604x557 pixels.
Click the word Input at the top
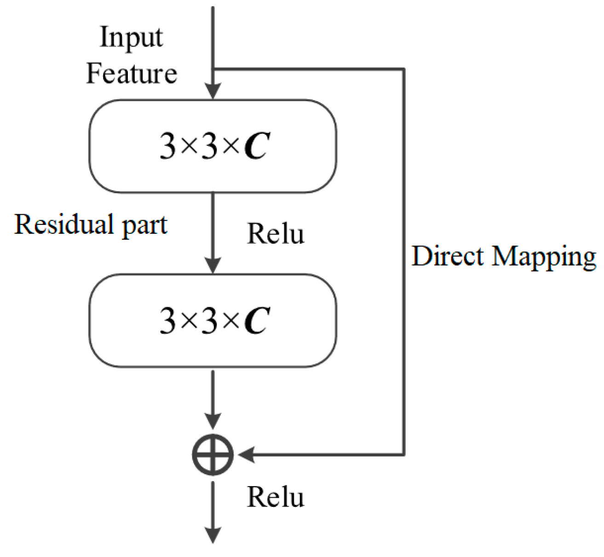[131, 38]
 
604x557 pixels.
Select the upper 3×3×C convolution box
[213, 146]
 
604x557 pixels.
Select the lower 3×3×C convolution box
[213, 321]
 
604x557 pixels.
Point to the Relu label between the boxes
[276, 234]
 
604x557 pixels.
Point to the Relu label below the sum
[276, 497]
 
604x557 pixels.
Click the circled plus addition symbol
[213, 454]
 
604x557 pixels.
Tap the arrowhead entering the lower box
[213, 265]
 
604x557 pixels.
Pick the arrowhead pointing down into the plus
[213, 421]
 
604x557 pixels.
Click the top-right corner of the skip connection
[403, 69]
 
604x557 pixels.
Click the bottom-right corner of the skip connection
[403, 454]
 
